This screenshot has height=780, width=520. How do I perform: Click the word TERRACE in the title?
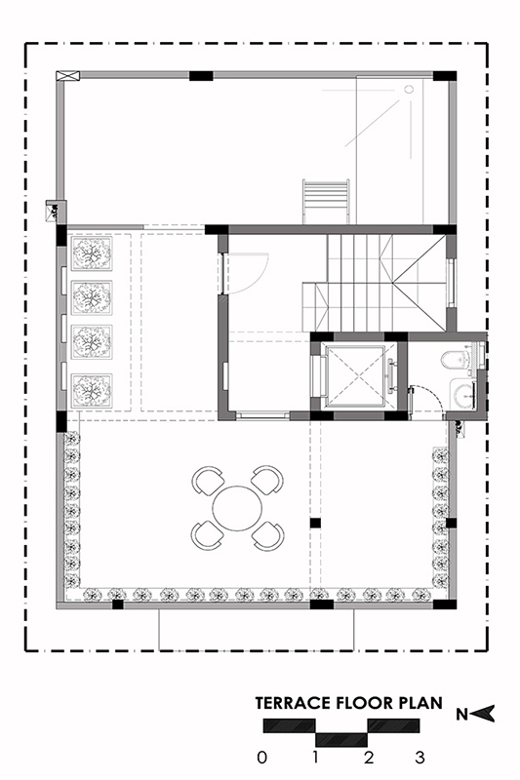[x=293, y=703]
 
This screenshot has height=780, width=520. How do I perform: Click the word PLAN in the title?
[x=420, y=703]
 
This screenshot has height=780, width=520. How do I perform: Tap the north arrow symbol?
[x=483, y=714]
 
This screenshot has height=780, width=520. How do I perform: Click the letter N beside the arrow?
[x=461, y=715]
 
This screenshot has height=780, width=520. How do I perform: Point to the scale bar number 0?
[x=262, y=758]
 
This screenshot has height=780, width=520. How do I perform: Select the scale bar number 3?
[x=420, y=758]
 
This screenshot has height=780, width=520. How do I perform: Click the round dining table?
[x=237, y=508]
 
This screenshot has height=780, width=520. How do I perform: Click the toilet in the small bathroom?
[x=455, y=358]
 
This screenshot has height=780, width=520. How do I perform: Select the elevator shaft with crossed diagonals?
[x=356, y=375]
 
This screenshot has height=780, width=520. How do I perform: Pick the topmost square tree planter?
[x=92, y=253]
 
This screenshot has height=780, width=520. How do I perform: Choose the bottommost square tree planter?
[x=92, y=390]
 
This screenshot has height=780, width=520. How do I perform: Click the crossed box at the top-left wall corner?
[x=67, y=76]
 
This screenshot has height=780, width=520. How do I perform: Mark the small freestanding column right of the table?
[x=315, y=524]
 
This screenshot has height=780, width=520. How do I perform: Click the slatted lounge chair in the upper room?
[x=326, y=202]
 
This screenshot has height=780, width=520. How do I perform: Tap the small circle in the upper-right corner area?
[x=409, y=90]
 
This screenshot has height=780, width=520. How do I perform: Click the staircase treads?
[x=376, y=283]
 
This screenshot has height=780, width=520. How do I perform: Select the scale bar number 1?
[x=315, y=758]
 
